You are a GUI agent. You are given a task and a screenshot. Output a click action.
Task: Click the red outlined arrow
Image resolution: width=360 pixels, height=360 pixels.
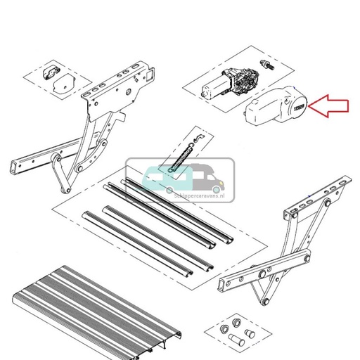click(x=330, y=107)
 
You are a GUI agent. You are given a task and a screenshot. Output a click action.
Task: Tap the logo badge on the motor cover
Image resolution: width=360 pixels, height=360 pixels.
click(x=299, y=108)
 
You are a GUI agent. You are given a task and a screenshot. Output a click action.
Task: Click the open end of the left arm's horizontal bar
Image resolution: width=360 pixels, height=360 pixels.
click(x=13, y=168)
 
